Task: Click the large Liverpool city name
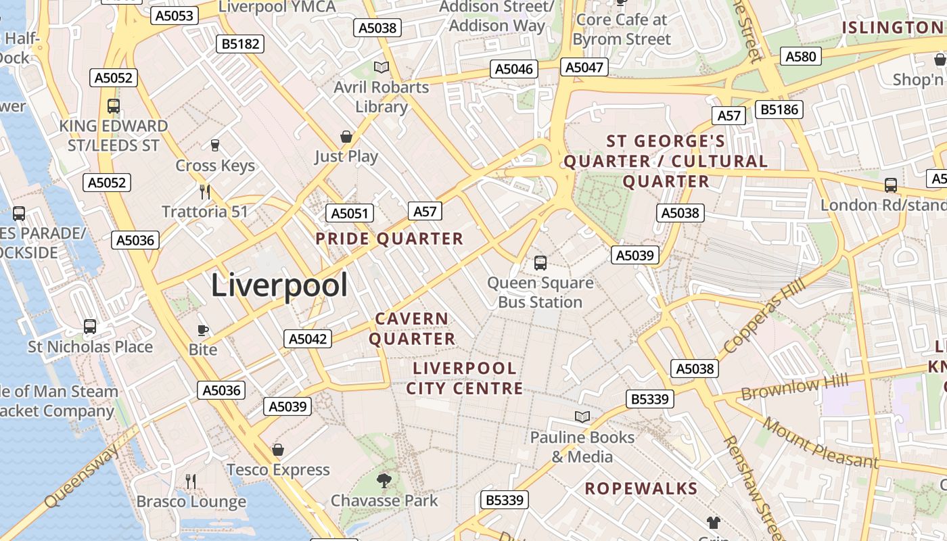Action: [x=279, y=285]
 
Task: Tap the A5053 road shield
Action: [x=174, y=16]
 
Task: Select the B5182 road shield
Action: [x=241, y=44]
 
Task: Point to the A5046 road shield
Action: [x=514, y=68]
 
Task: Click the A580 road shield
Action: [x=802, y=56]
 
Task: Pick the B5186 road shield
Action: [x=779, y=110]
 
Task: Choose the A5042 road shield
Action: [x=308, y=339]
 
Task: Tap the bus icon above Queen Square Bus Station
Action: [x=540, y=263]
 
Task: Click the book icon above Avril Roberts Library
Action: [x=382, y=67]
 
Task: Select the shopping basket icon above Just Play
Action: [x=346, y=137]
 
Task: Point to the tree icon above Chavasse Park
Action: [x=384, y=481]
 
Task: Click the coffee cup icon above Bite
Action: [x=202, y=330]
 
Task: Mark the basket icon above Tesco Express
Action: [x=277, y=450]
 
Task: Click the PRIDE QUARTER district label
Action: [x=390, y=239]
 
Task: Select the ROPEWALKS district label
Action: [x=641, y=488]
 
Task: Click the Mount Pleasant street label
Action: [x=821, y=442]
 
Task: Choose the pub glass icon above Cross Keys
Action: [x=215, y=145]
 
